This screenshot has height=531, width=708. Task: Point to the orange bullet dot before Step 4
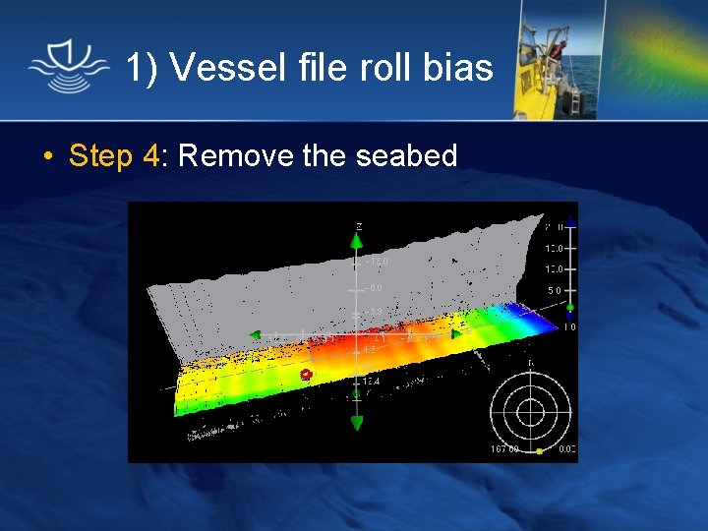click(47, 156)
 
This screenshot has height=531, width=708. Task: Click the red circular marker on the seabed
click(306, 375)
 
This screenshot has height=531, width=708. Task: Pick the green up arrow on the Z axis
click(357, 241)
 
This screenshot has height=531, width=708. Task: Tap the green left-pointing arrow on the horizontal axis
click(255, 335)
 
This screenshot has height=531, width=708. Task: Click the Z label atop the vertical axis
click(358, 226)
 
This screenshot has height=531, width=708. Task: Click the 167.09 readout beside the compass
click(503, 450)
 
